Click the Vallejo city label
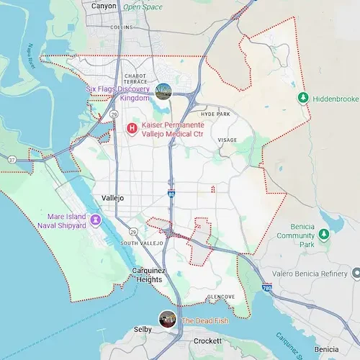tap(110, 197)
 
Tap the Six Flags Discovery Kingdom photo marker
tap(163, 91)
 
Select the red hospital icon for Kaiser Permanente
tap(132, 129)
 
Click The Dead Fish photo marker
tap(167, 319)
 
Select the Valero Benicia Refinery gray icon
tap(356, 274)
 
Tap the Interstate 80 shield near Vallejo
tap(171, 193)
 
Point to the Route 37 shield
tap(12, 159)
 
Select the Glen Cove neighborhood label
tap(221, 297)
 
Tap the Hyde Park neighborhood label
tap(215, 114)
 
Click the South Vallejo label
tap(138, 243)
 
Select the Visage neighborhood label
tap(227, 140)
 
